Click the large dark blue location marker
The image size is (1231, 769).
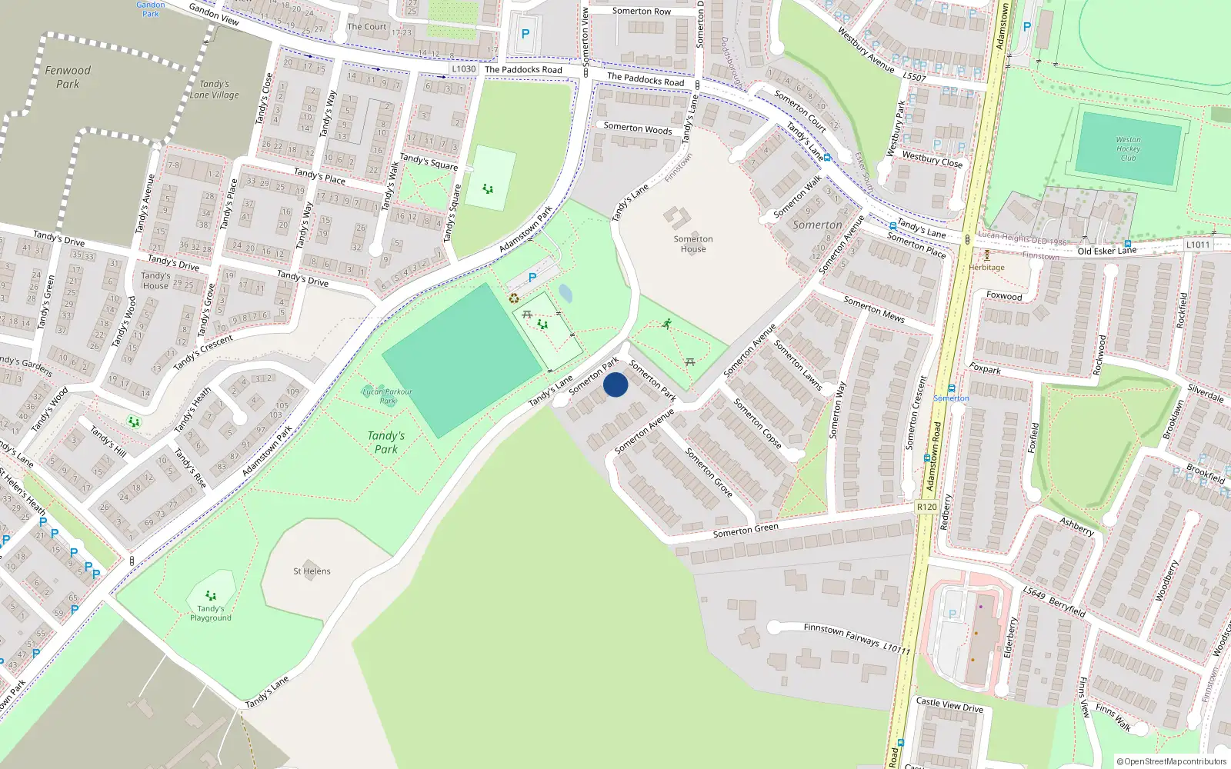(x=615, y=384)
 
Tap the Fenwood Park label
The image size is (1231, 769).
(x=68, y=77)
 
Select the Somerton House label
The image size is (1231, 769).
(x=693, y=244)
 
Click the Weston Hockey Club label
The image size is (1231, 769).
(x=1128, y=149)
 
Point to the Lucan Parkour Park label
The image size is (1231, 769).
(x=388, y=396)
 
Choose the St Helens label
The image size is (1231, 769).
(x=312, y=571)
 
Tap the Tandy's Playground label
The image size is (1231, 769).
(x=211, y=613)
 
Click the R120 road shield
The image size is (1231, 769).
(x=926, y=507)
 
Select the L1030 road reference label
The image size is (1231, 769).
(x=463, y=69)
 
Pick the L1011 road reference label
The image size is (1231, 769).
(x=1197, y=245)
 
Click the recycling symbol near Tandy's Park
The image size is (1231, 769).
(x=514, y=298)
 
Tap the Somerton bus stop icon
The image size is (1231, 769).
(x=952, y=389)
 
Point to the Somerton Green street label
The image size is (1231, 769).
(x=746, y=531)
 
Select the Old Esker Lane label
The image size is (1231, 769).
(x=1106, y=251)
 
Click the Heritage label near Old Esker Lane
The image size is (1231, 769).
(x=986, y=268)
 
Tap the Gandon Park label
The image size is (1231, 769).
(x=151, y=9)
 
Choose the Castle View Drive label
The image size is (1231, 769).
(x=949, y=704)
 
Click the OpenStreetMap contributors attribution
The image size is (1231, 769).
(x=1172, y=761)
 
